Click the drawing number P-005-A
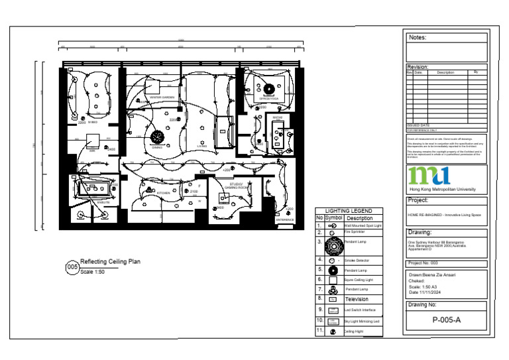(x=446, y=320)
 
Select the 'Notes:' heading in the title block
(x=418, y=38)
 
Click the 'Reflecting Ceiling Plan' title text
(x=110, y=262)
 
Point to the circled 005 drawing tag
(x=72, y=267)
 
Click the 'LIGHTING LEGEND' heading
(x=349, y=211)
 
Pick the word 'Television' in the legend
(x=357, y=299)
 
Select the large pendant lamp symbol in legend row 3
(x=333, y=246)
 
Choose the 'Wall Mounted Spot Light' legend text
(x=363, y=226)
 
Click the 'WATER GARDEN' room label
(x=162, y=97)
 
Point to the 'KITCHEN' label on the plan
(x=163, y=193)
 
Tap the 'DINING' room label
(x=157, y=147)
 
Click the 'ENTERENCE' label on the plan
(x=285, y=219)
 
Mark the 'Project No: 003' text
(x=424, y=263)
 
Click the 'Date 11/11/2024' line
(x=425, y=292)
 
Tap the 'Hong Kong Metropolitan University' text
(x=442, y=190)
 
